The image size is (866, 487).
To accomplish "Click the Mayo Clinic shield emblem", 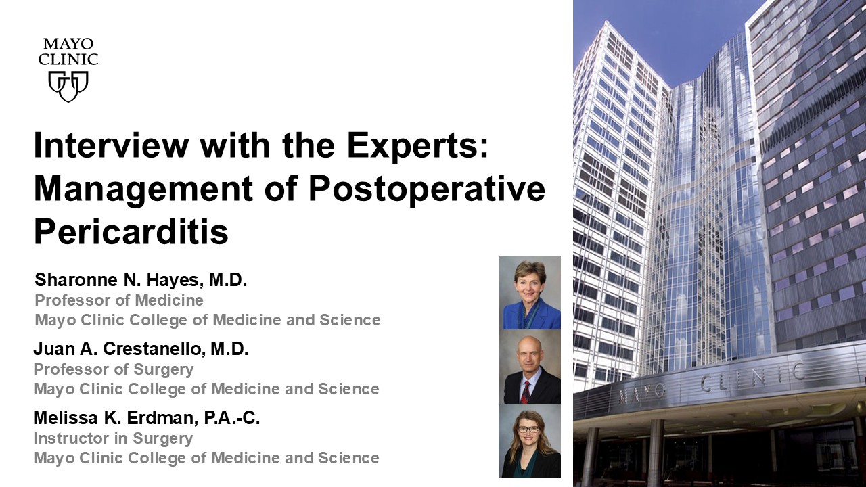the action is (68, 86).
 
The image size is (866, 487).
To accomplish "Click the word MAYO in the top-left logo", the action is (68, 44).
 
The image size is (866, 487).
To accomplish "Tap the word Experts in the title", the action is (418, 146).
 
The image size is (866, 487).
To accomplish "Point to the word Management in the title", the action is (143, 189).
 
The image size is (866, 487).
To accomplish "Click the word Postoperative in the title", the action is (427, 189).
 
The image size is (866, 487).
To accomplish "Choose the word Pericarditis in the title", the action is (131, 232).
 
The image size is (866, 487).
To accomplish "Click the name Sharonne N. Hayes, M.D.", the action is (141, 280).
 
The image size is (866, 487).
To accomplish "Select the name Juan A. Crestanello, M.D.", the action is (141, 348).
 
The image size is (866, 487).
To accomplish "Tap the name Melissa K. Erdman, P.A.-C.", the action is (147, 418).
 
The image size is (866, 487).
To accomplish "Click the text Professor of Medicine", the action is (119, 300).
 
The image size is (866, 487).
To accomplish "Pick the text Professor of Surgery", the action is (114, 369).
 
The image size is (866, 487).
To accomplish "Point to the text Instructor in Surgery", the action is (113, 438).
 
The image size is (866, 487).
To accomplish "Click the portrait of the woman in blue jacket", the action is (530, 293).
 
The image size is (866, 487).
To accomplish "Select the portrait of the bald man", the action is (530, 367).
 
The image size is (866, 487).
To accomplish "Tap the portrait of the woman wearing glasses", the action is (530, 440).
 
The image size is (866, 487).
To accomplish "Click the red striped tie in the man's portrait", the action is (526, 392).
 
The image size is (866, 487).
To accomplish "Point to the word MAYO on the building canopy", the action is (642, 394).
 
